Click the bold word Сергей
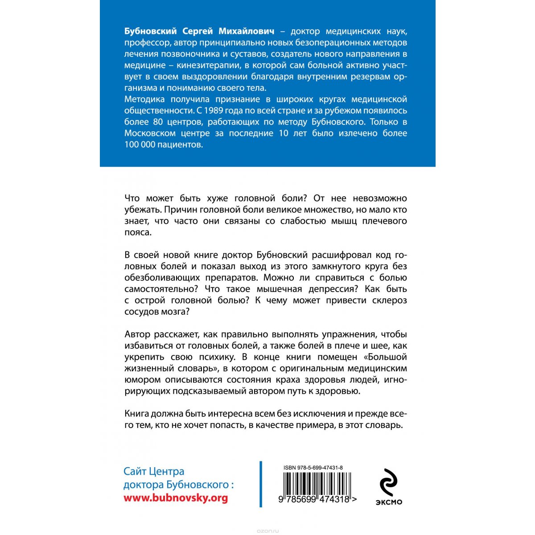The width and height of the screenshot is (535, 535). [198, 31]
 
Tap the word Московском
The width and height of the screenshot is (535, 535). [149, 133]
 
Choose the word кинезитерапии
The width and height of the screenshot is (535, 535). [201, 65]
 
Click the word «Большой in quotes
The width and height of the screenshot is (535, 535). [385, 357]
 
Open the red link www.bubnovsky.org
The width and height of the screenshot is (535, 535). [176, 498]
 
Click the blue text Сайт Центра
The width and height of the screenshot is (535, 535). [154, 472]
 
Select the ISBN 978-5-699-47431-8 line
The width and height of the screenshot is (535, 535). [313, 468]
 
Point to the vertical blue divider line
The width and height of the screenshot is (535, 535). [261, 484]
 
